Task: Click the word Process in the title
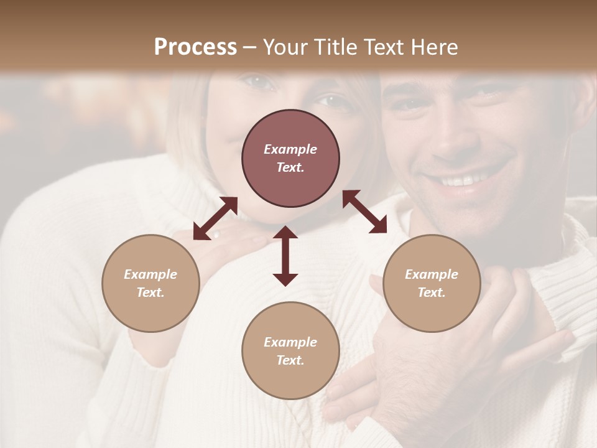[195, 47]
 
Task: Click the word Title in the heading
[333, 47]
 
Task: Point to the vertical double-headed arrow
[285, 256]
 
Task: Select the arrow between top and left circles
[215, 218]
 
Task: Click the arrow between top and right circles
[365, 212]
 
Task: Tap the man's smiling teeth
[463, 181]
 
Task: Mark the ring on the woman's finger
[216, 235]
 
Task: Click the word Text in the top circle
[290, 167]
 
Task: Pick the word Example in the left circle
[150, 274]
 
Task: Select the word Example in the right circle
[432, 274]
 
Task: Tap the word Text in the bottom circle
[290, 360]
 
